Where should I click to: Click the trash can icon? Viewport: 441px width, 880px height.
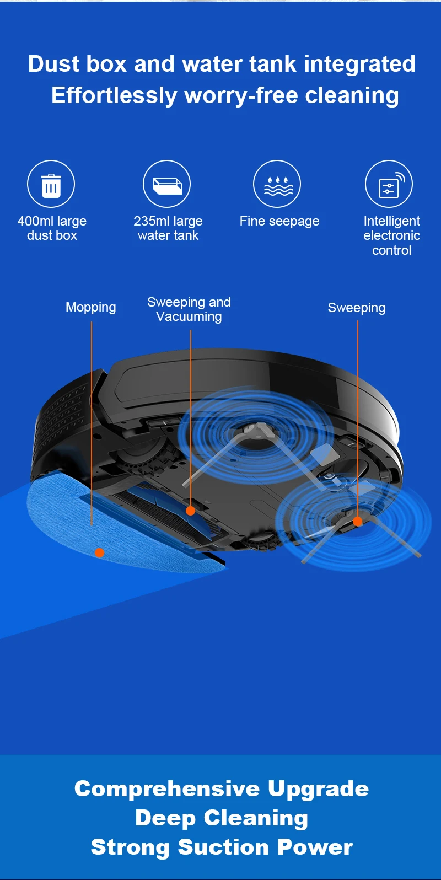tap(51, 185)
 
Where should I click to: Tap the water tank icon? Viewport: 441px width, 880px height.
tap(166, 185)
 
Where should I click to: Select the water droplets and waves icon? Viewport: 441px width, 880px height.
tap(279, 185)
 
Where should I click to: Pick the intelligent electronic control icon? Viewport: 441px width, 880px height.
tap(389, 185)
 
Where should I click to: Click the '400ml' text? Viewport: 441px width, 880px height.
tap(36, 221)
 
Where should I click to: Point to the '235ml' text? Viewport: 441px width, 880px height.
tap(151, 221)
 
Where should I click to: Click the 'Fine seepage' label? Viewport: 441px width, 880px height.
tap(279, 221)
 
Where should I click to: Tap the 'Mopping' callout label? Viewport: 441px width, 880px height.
tap(91, 307)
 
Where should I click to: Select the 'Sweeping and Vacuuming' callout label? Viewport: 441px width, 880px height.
tap(189, 309)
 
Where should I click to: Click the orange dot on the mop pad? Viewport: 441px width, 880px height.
tap(99, 552)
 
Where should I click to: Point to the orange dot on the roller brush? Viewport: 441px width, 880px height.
tap(190, 511)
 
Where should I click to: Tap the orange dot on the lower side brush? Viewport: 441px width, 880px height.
tap(357, 521)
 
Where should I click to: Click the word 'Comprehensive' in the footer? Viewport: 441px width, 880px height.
tap(166, 788)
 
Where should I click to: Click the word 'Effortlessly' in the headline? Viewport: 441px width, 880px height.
tap(114, 95)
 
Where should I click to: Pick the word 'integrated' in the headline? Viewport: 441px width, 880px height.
tap(359, 64)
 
